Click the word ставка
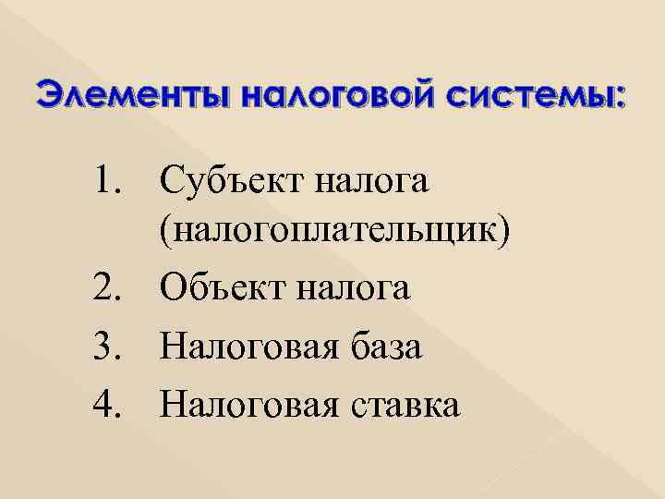tap(405, 405)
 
